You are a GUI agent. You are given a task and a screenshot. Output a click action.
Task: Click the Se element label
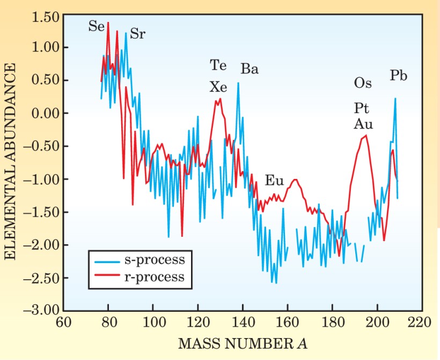point(97,26)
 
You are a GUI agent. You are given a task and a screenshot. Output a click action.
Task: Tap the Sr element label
point(138,35)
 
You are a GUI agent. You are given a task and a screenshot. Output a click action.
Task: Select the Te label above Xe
point(218,66)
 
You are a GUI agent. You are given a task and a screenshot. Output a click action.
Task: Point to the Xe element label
point(218,87)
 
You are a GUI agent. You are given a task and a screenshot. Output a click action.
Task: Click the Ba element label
point(250,69)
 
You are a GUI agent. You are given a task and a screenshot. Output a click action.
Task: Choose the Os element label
point(363,83)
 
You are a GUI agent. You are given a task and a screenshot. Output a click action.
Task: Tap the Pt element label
point(361,108)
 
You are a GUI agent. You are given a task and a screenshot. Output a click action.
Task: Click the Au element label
point(363,125)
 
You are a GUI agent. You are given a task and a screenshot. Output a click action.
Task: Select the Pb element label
point(398,76)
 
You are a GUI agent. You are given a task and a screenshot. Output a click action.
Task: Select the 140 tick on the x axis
point(243,323)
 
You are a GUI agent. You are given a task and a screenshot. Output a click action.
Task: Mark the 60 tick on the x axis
point(63,323)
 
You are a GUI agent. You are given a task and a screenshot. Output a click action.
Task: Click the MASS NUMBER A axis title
point(243,342)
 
